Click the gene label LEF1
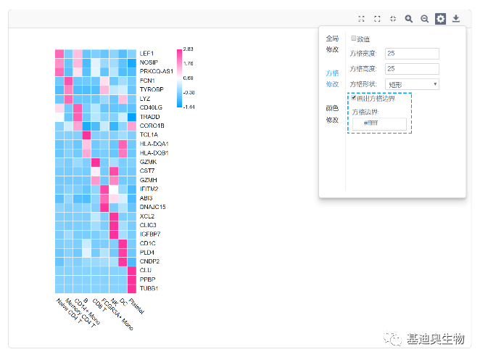pyautogui.click(x=146, y=54)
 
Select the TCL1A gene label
pyautogui.click(x=149, y=135)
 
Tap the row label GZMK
pyautogui.click(x=147, y=162)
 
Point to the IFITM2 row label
pyautogui.click(x=149, y=189)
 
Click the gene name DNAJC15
pyautogui.click(x=152, y=207)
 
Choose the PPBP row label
pyautogui.click(x=147, y=279)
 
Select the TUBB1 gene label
pyautogui.click(x=149, y=288)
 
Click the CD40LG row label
pyautogui.click(x=151, y=107)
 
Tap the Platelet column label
pyautogui.click(x=136, y=306)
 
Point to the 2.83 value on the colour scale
pyautogui.click(x=188, y=49)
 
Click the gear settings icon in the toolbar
pyautogui.click(x=440, y=19)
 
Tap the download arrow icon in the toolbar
pyautogui.click(x=456, y=19)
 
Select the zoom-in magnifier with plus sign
pyautogui.click(x=409, y=19)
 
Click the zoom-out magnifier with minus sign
pyautogui.click(x=425, y=19)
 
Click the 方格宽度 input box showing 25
pyautogui.click(x=411, y=53)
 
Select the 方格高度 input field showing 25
pyautogui.click(x=411, y=69)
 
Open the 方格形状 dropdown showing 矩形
pyautogui.click(x=411, y=84)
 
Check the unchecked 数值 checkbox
pyautogui.click(x=353, y=38)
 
